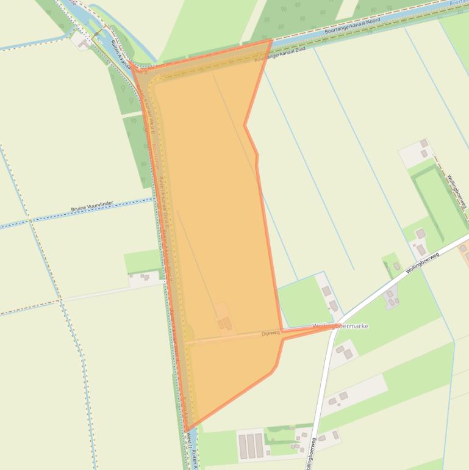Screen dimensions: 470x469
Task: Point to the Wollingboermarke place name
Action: pos(340,326)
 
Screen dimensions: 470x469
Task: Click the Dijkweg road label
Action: pos(270,333)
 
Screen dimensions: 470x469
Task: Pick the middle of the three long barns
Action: pos(250,446)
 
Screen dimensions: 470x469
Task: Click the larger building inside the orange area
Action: pos(226,323)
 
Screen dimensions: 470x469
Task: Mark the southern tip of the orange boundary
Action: pos(185,431)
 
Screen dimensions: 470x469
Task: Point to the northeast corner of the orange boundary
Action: pos(271,41)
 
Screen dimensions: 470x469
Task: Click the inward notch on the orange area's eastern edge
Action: pos(245,125)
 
